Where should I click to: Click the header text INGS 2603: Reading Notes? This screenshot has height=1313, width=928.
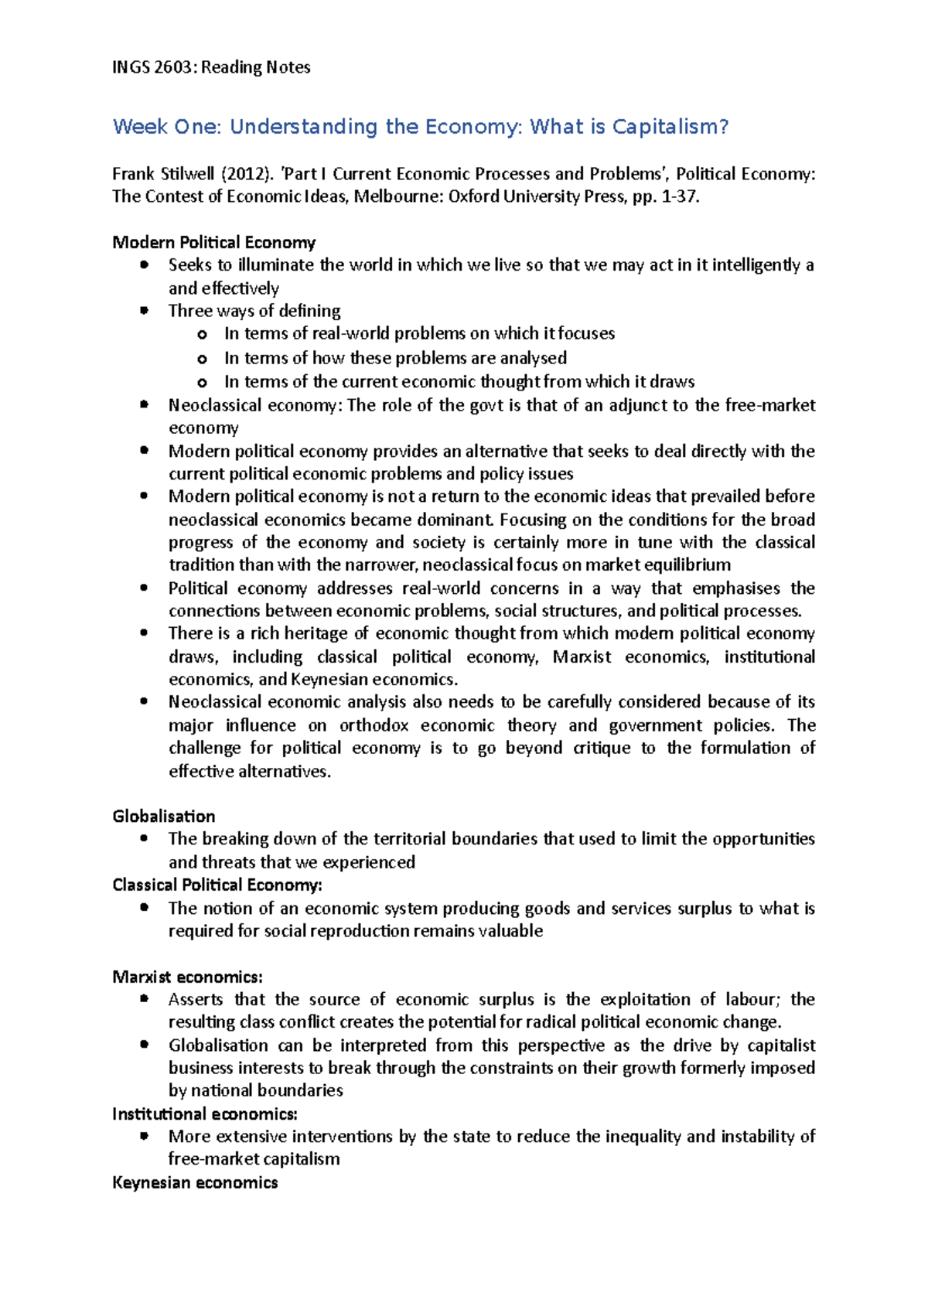coord(211,67)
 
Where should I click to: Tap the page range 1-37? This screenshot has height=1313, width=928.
coord(681,196)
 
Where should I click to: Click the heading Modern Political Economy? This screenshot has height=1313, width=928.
coord(214,243)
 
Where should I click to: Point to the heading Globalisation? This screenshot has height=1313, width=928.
coord(164,817)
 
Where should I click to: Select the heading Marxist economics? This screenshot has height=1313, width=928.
coord(188,977)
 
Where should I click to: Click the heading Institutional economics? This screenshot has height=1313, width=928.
coord(205,1114)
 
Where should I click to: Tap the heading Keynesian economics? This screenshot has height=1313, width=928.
coord(195,1183)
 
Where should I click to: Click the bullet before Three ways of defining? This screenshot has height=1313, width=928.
coord(144,311)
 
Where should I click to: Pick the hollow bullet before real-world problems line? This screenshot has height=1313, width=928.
coord(202,334)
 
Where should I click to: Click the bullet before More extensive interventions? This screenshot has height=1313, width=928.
coord(144,1137)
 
